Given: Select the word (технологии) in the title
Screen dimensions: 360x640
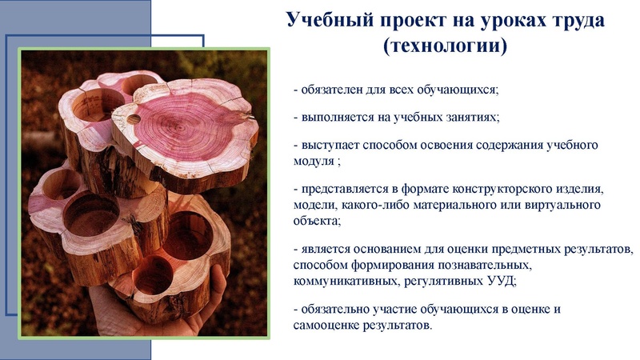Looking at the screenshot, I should point(445,46).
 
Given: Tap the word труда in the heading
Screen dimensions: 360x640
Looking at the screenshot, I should point(570,20).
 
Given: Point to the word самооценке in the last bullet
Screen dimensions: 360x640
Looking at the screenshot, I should point(330,326).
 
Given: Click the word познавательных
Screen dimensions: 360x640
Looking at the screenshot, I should point(480,264).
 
